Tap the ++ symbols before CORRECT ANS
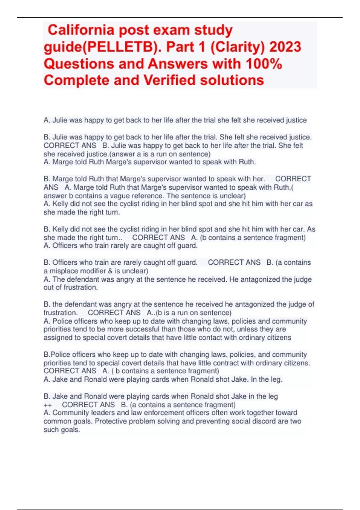(48, 405)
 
